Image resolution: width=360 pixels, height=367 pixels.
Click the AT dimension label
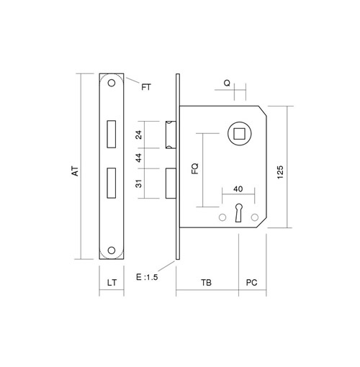pyautogui.click(x=76, y=171)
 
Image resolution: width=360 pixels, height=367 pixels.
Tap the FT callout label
pyautogui.click(x=146, y=87)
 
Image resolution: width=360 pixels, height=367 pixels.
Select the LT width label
pyautogui.click(x=112, y=283)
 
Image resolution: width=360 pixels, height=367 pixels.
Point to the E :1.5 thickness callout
pyautogui.click(x=147, y=277)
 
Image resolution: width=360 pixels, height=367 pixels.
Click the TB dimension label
pyautogui.click(x=206, y=283)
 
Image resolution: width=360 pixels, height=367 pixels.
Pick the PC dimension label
pyautogui.click(x=251, y=283)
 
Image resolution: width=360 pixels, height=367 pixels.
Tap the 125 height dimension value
pyautogui.click(x=280, y=172)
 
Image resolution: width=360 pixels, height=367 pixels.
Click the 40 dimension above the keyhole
pyautogui.click(x=238, y=189)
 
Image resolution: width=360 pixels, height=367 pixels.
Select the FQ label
pyautogui.click(x=195, y=168)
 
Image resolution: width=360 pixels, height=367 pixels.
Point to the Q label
pyautogui.click(x=227, y=83)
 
